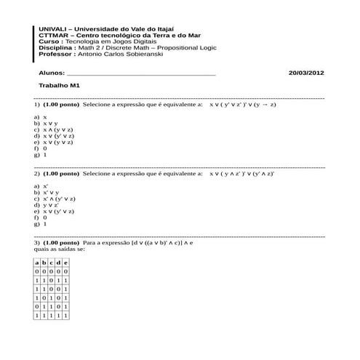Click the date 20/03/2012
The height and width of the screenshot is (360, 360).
[x=306, y=73]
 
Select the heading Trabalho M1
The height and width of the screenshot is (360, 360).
[x=59, y=86]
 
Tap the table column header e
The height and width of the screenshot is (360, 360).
[x=66, y=262]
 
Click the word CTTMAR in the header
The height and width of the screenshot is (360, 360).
[x=52, y=34]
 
